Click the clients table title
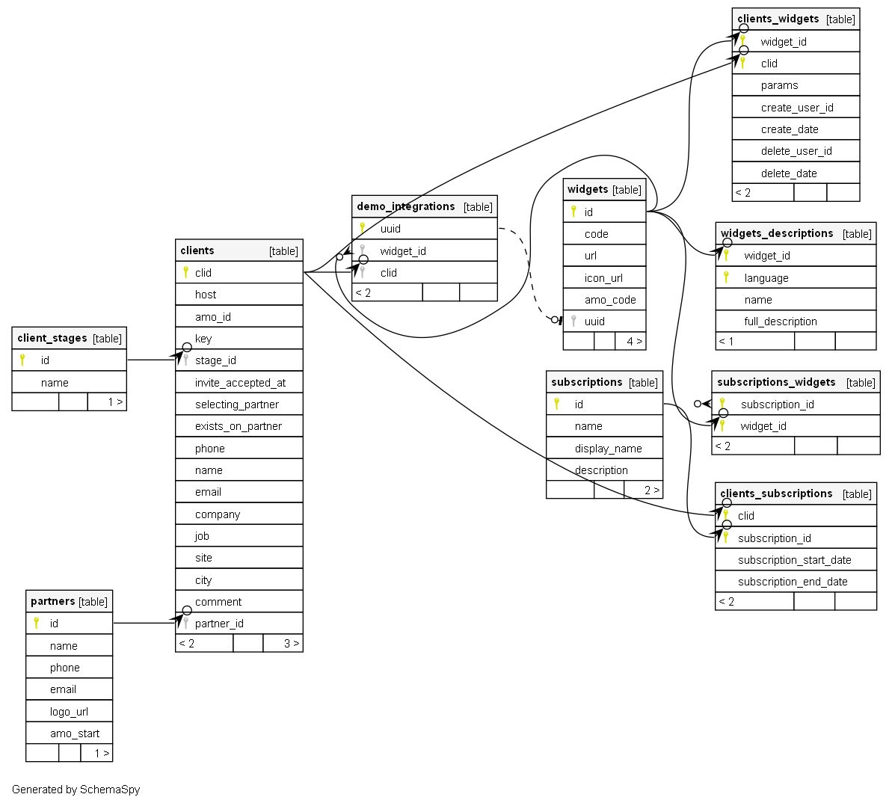[197, 250]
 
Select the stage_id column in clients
[215, 360]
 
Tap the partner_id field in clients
[219, 624]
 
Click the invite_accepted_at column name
[240, 383]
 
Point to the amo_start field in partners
[75, 733]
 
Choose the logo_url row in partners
[69, 712]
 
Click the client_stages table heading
[52, 338]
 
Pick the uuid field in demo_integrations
[390, 229]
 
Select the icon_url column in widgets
[603, 278]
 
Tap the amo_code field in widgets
[610, 300]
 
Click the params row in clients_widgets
[779, 85]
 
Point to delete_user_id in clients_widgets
[796, 151]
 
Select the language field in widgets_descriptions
[766, 278]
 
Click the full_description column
[781, 321]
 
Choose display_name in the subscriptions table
[608, 449]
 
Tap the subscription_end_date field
[793, 582]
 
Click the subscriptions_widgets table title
[776, 382]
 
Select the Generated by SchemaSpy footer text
[76, 790]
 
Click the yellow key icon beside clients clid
[185, 272]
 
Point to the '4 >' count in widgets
[634, 342]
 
